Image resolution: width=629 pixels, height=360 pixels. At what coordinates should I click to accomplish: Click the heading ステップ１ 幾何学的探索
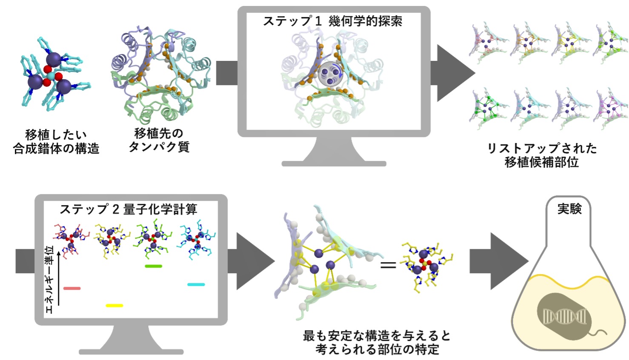click(333, 21)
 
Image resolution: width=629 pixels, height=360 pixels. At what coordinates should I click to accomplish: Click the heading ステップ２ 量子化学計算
click(129, 209)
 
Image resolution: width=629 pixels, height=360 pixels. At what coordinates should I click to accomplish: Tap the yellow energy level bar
click(114, 306)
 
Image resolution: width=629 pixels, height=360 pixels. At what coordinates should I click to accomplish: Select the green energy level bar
click(154, 266)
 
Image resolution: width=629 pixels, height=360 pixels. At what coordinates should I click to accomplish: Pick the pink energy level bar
click(72, 288)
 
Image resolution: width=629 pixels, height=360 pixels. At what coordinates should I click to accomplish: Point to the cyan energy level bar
click(196, 284)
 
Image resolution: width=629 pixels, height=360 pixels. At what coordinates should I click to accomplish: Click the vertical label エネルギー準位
click(49, 280)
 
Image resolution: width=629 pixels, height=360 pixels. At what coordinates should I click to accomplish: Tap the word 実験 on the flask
click(569, 209)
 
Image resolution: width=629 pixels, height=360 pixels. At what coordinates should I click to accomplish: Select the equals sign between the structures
click(388, 265)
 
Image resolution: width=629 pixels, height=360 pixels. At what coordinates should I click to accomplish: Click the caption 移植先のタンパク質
click(159, 140)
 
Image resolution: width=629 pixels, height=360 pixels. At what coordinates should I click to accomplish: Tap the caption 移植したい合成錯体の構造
click(56, 142)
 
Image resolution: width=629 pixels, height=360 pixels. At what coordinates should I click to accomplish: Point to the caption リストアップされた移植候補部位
click(542, 155)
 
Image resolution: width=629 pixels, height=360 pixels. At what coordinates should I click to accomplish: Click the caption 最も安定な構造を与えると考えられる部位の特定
click(377, 343)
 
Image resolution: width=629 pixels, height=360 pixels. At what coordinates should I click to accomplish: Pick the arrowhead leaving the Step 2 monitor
click(255, 261)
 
